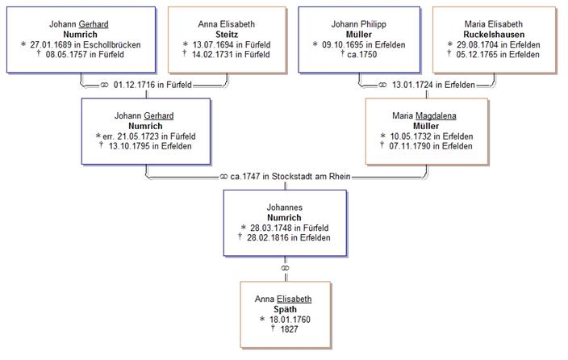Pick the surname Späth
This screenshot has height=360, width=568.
pos(283,309)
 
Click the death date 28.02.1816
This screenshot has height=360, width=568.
pos(269,237)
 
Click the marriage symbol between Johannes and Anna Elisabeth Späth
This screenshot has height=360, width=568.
pos(283,268)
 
